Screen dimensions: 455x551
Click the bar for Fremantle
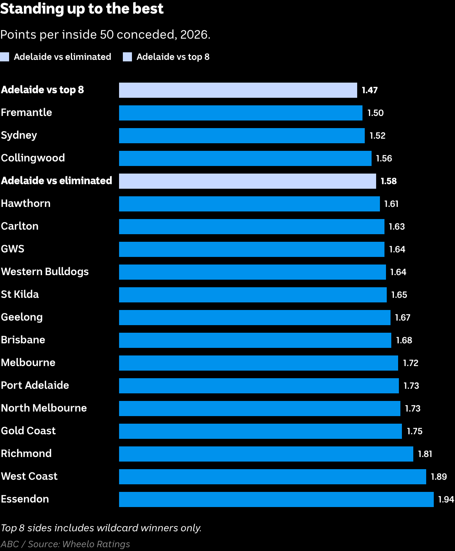240,113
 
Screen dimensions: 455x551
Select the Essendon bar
276,499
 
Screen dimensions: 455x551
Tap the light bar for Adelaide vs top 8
238,90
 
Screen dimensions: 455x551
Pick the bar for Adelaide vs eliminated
248,181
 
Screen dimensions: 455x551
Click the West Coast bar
273,477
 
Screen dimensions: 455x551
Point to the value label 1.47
370,90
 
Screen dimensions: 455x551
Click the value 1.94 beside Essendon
446,499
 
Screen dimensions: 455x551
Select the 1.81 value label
425,454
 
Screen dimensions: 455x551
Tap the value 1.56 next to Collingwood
384,158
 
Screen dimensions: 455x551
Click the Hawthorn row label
26,203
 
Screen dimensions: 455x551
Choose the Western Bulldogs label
45,272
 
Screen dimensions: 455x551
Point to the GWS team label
13,249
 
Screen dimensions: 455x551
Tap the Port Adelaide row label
35,385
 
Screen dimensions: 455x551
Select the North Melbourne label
44,408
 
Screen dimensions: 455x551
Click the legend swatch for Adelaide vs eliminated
5,57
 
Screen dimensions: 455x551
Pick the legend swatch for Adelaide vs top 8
127,57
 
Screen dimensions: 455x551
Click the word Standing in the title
32,9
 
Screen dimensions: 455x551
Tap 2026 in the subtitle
195,34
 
